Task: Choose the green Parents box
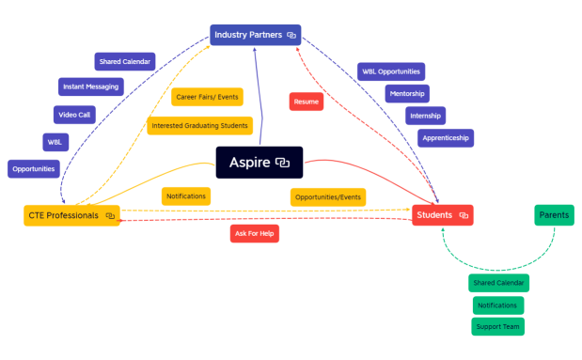(x=554, y=215)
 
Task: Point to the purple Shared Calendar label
(x=124, y=62)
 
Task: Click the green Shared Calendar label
(x=498, y=283)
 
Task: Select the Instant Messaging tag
(x=90, y=87)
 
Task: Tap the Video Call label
(x=73, y=115)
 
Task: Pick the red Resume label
(x=306, y=102)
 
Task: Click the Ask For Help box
(x=254, y=234)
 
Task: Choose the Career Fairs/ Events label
(x=207, y=97)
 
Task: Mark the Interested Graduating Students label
(x=199, y=125)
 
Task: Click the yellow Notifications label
(x=185, y=196)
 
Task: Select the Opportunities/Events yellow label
(x=327, y=197)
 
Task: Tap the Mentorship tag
(x=406, y=93)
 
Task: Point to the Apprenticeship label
(x=446, y=138)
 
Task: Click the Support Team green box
(x=497, y=326)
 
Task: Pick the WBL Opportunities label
(x=391, y=71)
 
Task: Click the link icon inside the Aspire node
(x=282, y=164)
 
